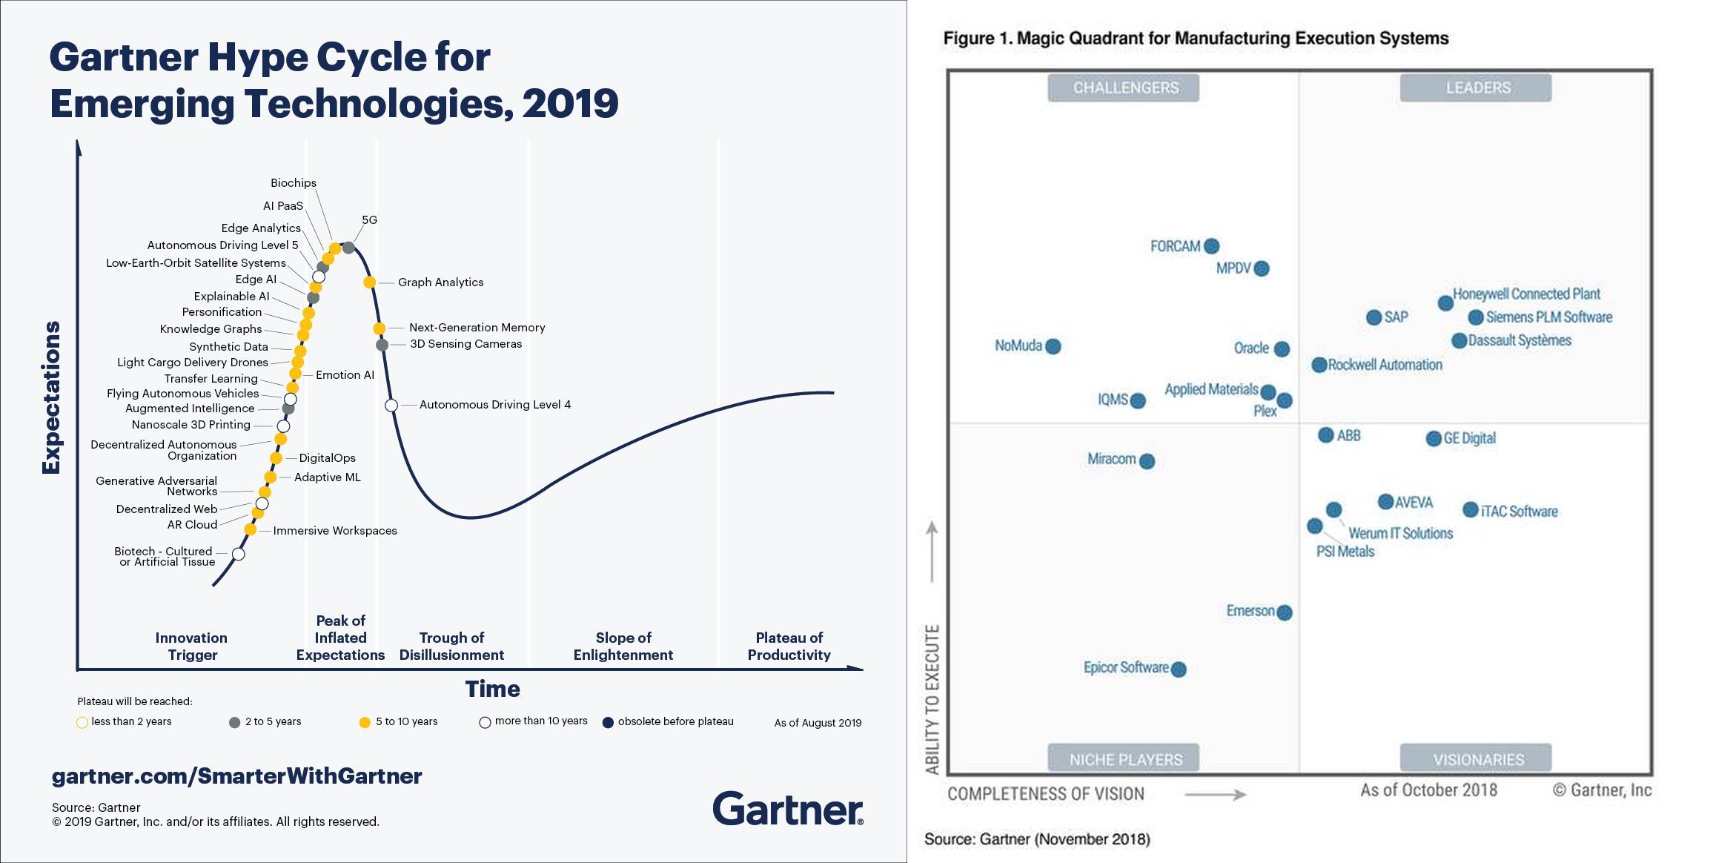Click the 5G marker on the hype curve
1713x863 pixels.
tap(348, 247)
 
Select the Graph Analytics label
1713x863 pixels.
tap(440, 282)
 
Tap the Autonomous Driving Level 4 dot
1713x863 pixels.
tap(391, 405)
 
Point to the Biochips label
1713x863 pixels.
tap(293, 183)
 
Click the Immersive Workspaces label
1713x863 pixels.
tap(335, 531)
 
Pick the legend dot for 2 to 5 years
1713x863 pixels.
tap(235, 722)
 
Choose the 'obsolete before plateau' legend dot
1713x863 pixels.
tap(608, 723)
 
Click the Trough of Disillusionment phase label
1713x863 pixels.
tap(451, 647)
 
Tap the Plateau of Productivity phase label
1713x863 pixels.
tap(789, 647)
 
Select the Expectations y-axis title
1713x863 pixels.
tap(51, 397)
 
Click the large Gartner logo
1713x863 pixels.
tap(788, 809)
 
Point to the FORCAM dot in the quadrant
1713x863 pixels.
tap(1212, 246)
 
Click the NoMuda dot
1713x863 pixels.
tap(1053, 346)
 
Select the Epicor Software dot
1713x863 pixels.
tap(1179, 669)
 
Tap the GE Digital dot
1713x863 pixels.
tap(1434, 439)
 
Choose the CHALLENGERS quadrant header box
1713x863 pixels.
tap(1123, 87)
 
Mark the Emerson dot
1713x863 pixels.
tap(1285, 612)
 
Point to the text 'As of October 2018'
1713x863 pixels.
tap(1428, 790)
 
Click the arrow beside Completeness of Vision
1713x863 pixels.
tap(1216, 795)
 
